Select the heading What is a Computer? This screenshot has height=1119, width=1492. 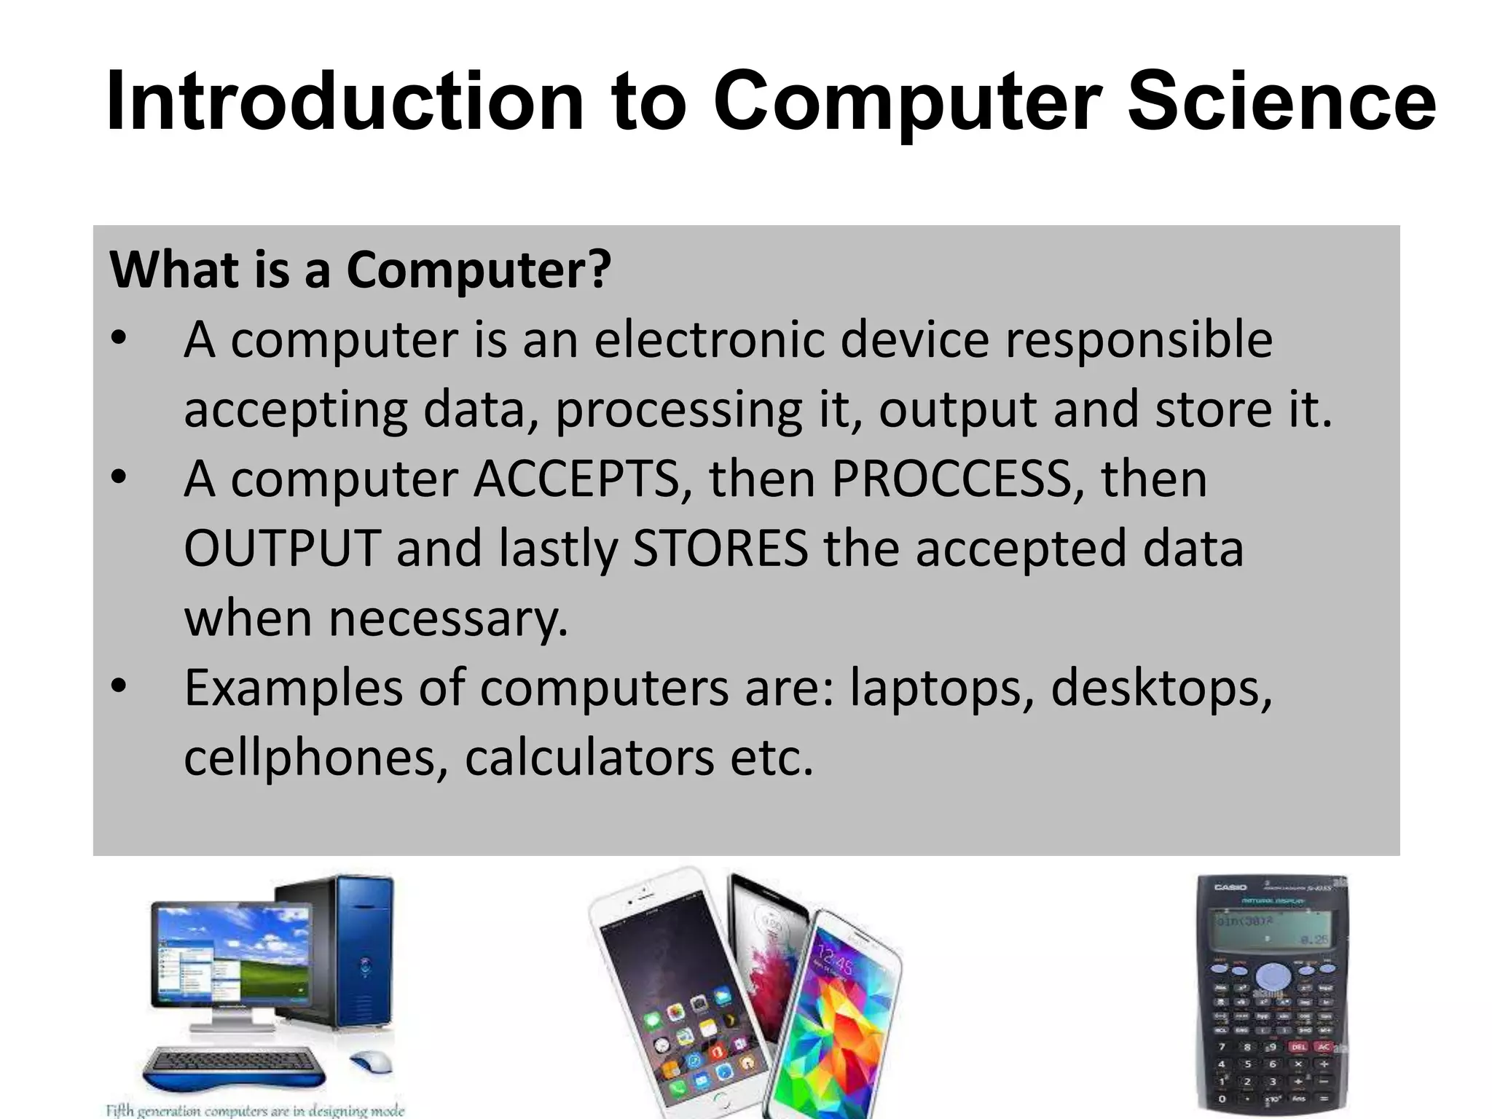(360, 270)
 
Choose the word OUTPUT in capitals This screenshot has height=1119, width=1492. (282, 549)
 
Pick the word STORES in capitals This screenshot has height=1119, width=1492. (720, 549)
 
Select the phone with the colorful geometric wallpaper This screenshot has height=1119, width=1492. (838, 1020)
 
